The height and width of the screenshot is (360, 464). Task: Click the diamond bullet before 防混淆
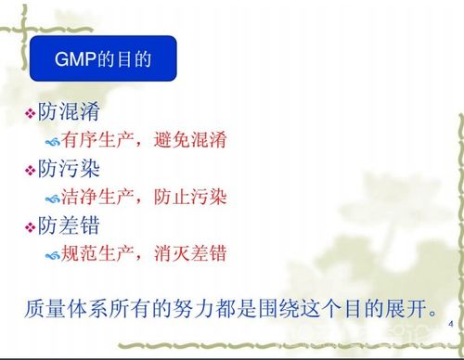point(30,113)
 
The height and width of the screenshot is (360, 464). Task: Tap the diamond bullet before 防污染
point(30,170)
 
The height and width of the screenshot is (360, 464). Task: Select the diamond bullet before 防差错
point(30,225)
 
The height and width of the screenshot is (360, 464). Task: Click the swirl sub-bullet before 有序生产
point(53,142)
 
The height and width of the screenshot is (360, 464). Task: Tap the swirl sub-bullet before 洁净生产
point(53,199)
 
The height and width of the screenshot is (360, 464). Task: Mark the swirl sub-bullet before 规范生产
point(53,254)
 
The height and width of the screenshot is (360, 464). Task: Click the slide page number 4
point(448,324)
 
